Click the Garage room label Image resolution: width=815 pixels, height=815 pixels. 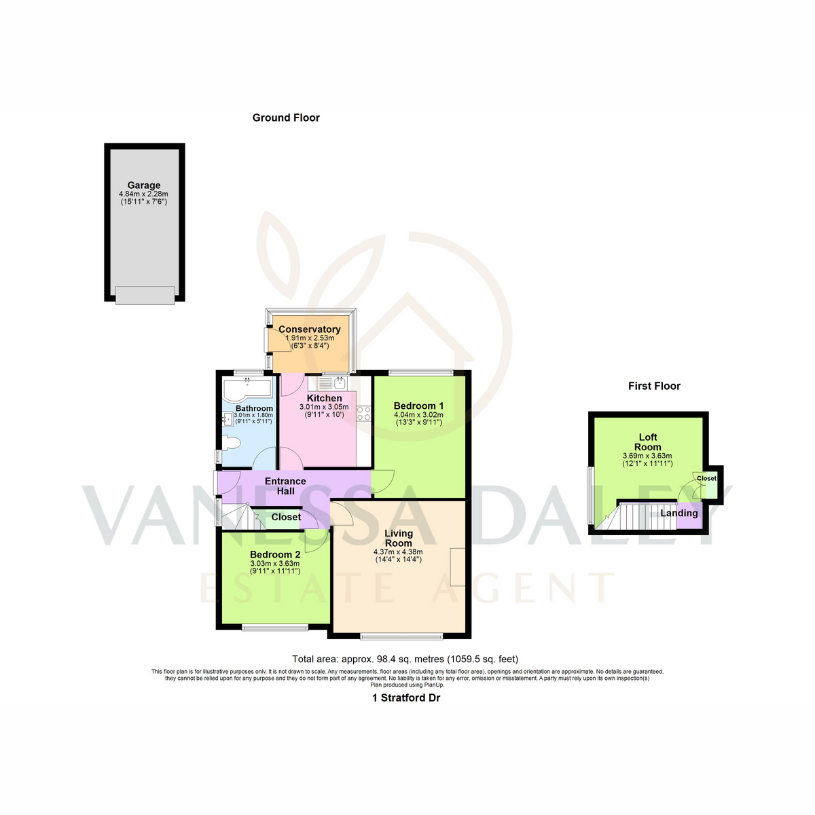point(144,185)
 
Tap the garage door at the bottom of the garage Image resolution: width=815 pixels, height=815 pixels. point(145,295)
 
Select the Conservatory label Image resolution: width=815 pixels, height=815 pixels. point(310,329)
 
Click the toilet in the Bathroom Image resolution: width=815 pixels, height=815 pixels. point(232,443)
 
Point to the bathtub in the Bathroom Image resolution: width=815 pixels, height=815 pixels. point(247,391)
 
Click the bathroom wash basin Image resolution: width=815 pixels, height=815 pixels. point(227,420)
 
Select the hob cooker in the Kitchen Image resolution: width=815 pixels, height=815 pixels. point(364,413)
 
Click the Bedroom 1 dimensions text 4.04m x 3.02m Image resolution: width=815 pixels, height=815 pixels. point(418,415)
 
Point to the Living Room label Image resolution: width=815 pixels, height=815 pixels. point(399,538)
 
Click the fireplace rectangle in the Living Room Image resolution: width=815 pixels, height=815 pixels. point(458,566)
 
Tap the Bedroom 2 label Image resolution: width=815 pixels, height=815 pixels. point(275,554)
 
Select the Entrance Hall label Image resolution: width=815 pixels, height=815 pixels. point(285,486)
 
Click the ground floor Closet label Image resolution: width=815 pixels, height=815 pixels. point(287,517)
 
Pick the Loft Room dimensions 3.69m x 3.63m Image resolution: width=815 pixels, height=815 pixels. point(647,456)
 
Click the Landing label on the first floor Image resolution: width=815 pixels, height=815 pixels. point(678,513)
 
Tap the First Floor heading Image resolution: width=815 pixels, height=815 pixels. point(654,386)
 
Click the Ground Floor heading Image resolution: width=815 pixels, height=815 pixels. point(286,117)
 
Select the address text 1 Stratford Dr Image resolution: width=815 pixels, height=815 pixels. point(406,698)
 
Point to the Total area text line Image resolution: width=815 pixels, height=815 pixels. point(405,659)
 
